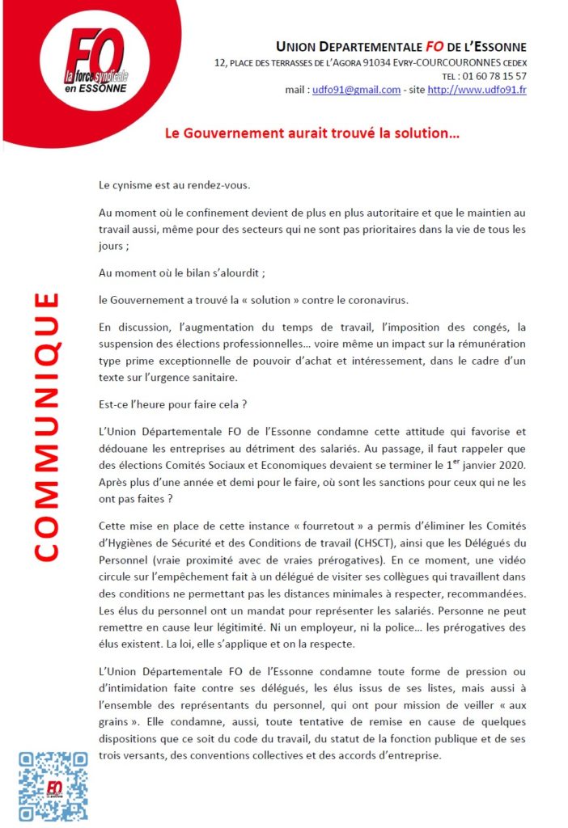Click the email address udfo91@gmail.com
[357, 90]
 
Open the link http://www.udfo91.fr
[477, 90]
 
